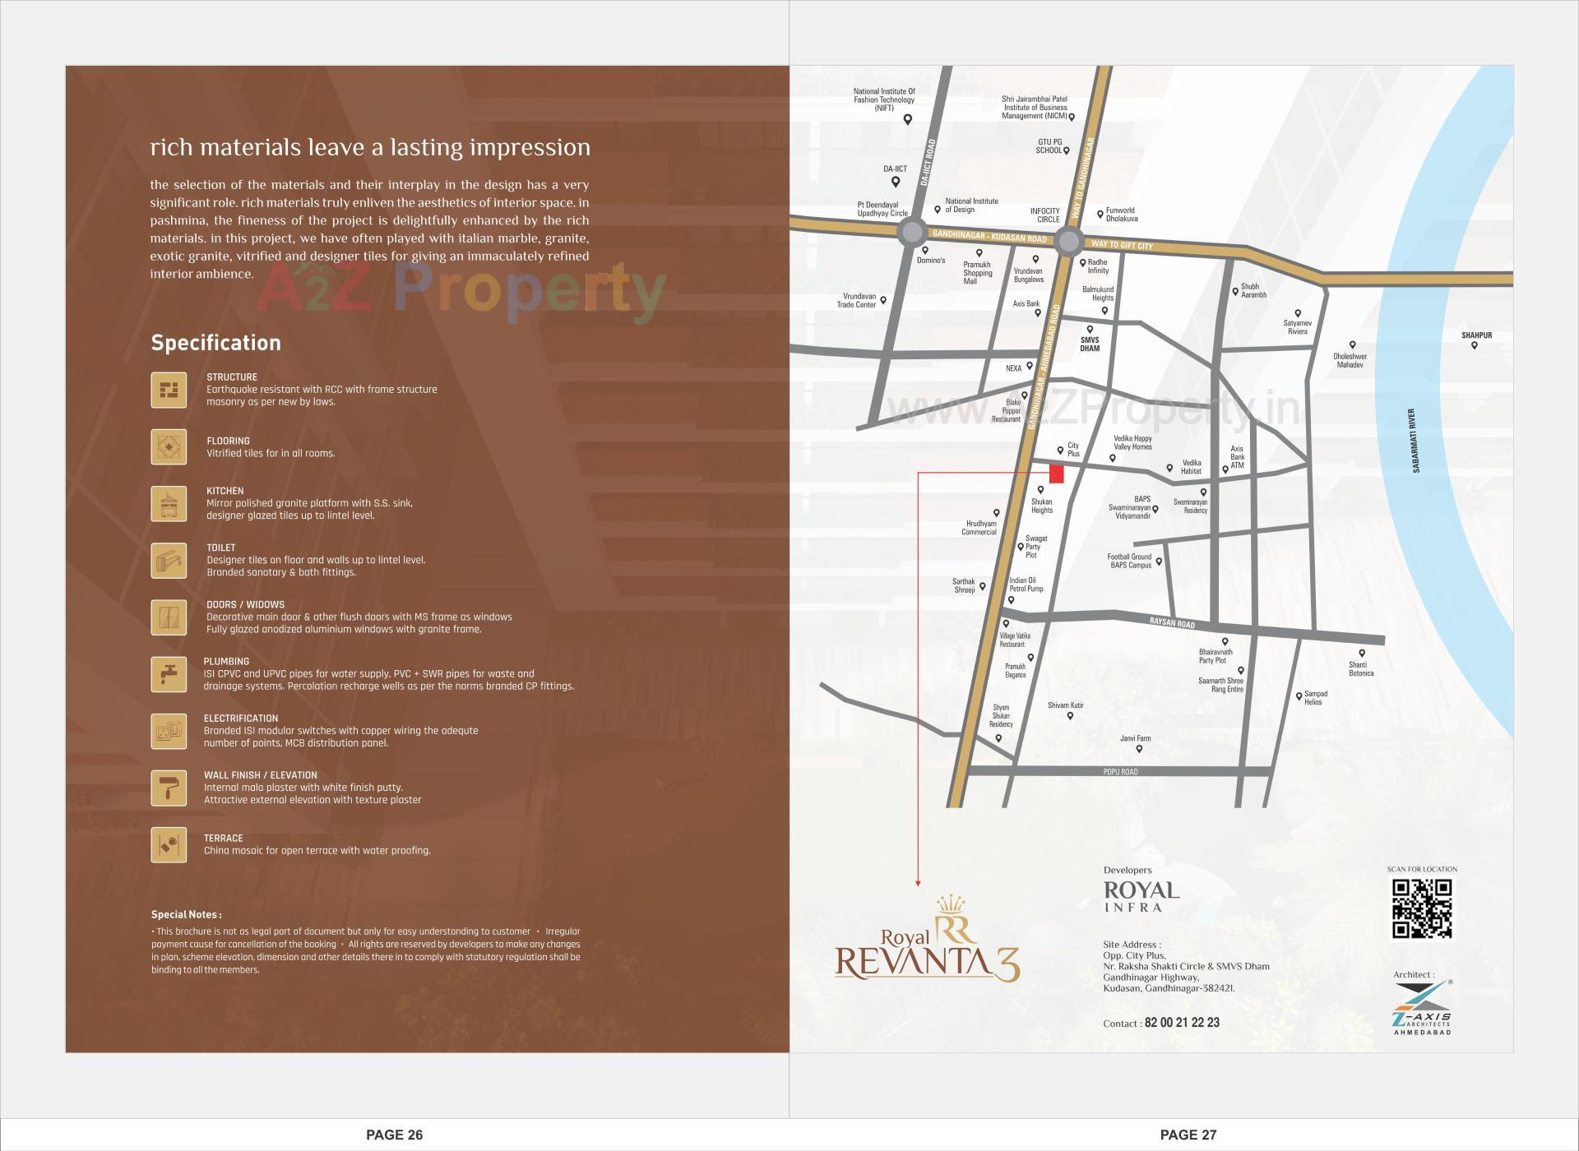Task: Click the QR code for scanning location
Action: [x=1422, y=908]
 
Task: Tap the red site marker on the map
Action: [x=1057, y=474]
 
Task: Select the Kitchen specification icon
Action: [x=169, y=503]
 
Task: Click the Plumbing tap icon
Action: [x=169, y=674]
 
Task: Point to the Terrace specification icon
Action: [x=169, y=844]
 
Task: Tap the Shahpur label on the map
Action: [x=1476, y=335]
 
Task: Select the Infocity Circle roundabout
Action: [x=1068, y=242]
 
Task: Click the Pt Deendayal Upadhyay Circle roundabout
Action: [x=911, y=232]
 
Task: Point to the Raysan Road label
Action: [x=1172, y=624]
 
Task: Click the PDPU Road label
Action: [x=1121, y=772]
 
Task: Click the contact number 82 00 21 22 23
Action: [x=1182, y=1023]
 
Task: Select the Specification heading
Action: [x=215, y=343]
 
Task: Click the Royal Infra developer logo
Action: [x=1141, y=895]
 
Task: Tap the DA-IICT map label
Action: [x=895, y=169]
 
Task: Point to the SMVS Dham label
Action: [x=1090, y=344]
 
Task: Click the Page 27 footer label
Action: [x=1188, y=1135]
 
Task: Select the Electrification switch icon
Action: [x=169, y=731]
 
